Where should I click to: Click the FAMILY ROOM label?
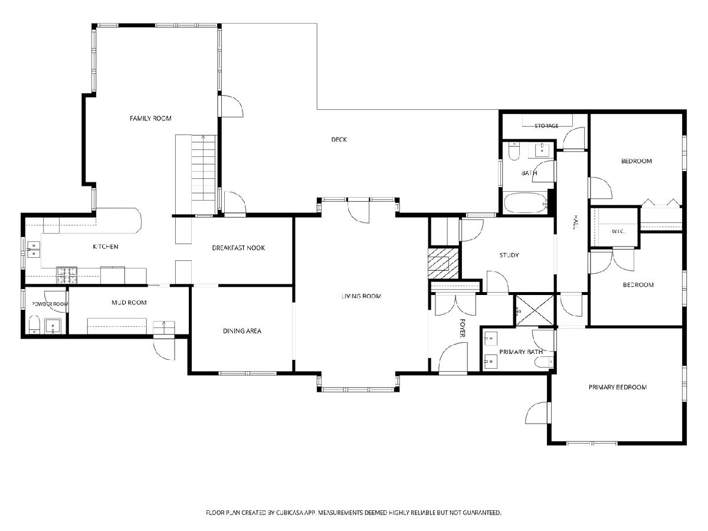click(150, 119)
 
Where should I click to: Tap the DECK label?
click(339, 139)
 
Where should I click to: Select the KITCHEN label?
click(106, 247)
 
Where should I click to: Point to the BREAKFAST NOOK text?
click(238, 248)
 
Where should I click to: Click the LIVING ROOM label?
click(361, 296)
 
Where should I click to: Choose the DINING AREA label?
click(242, 331)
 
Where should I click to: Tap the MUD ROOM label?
click(129, 303)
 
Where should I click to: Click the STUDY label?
click(509, 255)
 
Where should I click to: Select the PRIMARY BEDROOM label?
click(617, 387)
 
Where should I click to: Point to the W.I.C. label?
click(618, 231)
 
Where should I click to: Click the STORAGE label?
click(546, 126)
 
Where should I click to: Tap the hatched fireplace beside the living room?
click(443, 263)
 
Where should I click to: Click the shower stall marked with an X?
click(535, 310)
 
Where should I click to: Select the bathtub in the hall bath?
click(526, 203)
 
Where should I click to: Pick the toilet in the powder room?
click(34, 325)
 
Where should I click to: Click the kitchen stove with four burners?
click(67, 275)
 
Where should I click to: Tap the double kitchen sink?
click(34, 250)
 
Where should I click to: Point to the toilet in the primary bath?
click(544, 363)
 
